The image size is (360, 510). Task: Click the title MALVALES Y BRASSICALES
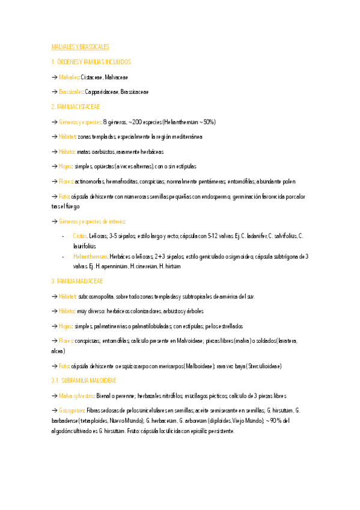coord(80,47)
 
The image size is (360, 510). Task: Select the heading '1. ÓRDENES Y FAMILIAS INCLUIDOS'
coord(91,62)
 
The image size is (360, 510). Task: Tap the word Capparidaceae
coord(101,92)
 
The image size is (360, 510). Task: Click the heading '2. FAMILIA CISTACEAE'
coord(75,106)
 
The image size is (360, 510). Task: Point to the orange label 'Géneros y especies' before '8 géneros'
coord(80,121)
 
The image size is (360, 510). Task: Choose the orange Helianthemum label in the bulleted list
coord(90,256)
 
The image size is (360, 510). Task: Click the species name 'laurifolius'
coord(84,246)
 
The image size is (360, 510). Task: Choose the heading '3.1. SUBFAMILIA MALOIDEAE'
coord(84,381)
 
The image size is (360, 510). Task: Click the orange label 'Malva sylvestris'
coord(77,396)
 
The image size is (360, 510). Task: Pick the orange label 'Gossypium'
coord(72,410)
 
